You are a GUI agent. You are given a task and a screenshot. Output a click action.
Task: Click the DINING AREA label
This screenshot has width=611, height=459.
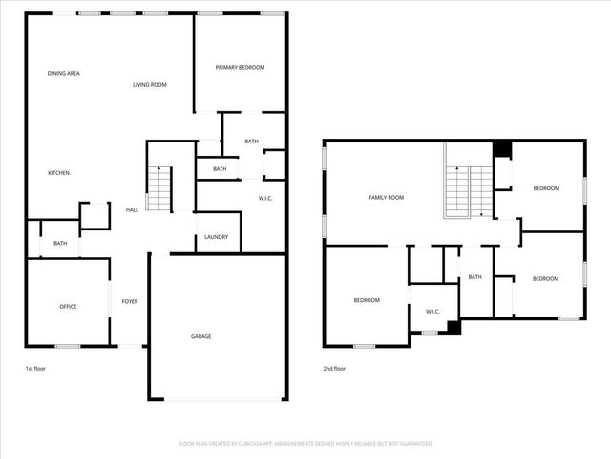pyautogui.click(x=63, y=73)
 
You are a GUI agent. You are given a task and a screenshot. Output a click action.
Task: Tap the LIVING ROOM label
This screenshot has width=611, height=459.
pyautogui.click(x=150, y=85)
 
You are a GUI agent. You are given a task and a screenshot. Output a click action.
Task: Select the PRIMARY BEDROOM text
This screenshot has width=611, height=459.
pyautogui.click(x=240, y=67)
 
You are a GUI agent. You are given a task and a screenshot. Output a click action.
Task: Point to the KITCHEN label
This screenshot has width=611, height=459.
pyautogui.click(x=59, y=172)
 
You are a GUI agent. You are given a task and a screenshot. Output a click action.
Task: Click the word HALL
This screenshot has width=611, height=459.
pyautogui.click(x=132, y=210)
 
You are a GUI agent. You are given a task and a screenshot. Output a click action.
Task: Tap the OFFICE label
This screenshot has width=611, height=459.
pyautogui.click(x=68, y=306)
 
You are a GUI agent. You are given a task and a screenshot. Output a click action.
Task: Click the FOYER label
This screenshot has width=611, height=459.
pyautogui.click(x=130, y=301)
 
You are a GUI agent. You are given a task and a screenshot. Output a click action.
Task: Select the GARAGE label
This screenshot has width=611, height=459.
pyautogui.click(x=200, y=336)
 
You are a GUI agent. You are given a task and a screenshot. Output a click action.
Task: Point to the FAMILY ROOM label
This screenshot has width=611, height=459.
pyautogui.click(x=387, y=197)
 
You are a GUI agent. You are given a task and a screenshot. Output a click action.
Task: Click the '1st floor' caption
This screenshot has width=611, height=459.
pyautogui.click(x=34, y=368)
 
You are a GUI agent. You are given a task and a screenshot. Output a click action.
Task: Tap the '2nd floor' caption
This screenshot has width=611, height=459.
pyautogui.click(x=333, y=368)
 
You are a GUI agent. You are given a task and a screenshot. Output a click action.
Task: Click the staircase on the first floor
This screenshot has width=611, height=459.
pyautogui.click(x=158, y=188)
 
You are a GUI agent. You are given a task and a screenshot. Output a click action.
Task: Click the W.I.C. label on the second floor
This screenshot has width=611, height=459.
pyautogui.click(x=432, y=311)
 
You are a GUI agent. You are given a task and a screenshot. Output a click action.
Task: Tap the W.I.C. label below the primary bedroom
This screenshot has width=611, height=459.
pyautogui.click(x=266, y=198)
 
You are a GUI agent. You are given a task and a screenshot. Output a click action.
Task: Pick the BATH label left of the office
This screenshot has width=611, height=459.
pyautogui.click(x=60, y=244)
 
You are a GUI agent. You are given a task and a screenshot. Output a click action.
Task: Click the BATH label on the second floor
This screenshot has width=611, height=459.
pyautogui.click(x=475, y=277)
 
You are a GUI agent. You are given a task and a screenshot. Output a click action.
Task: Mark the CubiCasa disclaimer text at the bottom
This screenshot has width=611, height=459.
pyautogui.click(x=305, y=444)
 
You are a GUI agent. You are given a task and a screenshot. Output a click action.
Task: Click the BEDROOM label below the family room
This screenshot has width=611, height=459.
pyautogui.click(x=367, y=300)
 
